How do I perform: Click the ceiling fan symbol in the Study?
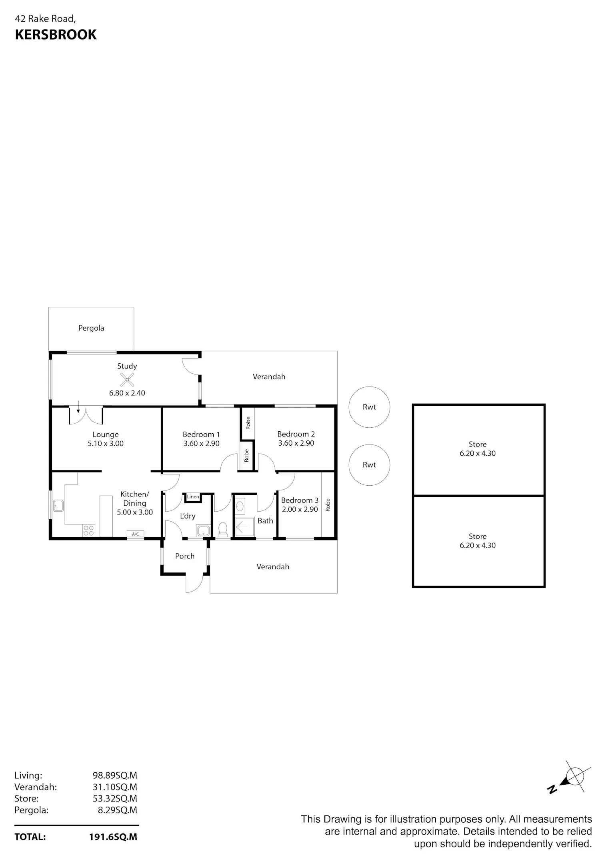click(x=127, y=380)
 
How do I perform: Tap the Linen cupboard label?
click(x=193, y=496)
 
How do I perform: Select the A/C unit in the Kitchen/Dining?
click(x=135, y=534)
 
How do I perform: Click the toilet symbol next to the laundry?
click(x=223, y=529)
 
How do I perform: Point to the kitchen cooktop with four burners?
click(x=89, y=530)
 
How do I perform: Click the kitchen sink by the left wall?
click(x=58, y=506)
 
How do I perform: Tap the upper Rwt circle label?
click(x=369, y=407)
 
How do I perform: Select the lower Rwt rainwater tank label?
click(x=369, y=465)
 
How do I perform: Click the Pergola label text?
click(x=91, y=328)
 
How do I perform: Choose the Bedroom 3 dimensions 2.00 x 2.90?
click(x=300, y=509)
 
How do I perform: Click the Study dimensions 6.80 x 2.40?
click(x=127, y=393)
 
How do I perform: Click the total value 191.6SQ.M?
click(x=113, y=837)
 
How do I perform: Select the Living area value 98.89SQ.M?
click(x=115, y=775)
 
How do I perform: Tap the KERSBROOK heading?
click(x=56, y=35)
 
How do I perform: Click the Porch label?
click(x=185, y=556)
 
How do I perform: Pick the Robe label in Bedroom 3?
click(x=328, y=505)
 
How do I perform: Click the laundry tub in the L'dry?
click(x=203, y=531)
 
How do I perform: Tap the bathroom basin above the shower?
click(x=240, y=506)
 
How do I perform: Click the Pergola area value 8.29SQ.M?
click(x=118, y=810)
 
